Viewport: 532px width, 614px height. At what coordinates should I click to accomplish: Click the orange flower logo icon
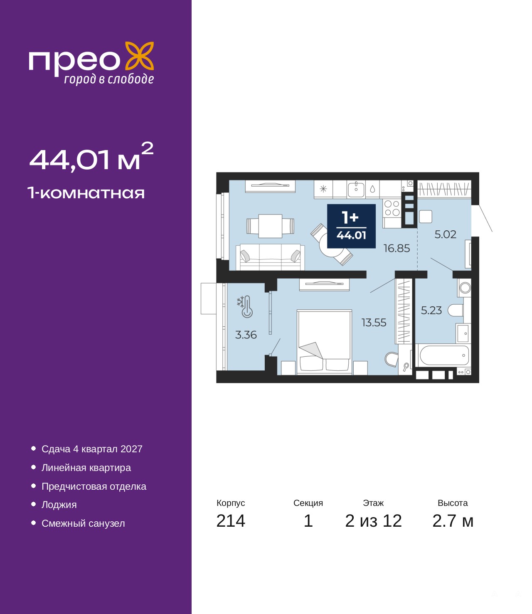pos(139,57)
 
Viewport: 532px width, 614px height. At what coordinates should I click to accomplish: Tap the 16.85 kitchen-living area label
pos(397,248)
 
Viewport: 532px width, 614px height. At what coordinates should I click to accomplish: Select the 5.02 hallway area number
pos(445,235)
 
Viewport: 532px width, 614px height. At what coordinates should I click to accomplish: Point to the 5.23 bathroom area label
pos(431,311)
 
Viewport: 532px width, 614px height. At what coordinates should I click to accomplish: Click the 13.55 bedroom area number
pos(374,323)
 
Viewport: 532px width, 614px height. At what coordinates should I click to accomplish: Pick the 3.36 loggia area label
pos(246,335)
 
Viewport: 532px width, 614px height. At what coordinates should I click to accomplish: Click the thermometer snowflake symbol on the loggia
pos(245,306)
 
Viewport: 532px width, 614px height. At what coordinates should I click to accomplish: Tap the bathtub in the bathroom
pos(443,355)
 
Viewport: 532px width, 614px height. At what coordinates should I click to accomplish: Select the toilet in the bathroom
pos(455,311)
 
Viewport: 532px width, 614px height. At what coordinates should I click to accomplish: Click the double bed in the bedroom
pos(324,342)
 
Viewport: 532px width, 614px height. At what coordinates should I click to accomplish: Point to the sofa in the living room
pos(270,257)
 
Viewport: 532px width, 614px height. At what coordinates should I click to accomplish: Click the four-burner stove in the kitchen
pos(392,208)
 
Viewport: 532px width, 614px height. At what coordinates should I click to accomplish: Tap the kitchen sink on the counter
pos(356,189)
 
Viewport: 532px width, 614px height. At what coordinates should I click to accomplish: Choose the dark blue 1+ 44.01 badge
pos(351,226)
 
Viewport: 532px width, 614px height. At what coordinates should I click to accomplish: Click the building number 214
pos(231,529)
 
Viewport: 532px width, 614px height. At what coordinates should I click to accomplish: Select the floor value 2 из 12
pos(373,529)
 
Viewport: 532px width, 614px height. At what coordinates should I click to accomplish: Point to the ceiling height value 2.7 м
pos(453,529)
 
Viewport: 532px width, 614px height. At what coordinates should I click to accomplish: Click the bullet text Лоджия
pos(59,505)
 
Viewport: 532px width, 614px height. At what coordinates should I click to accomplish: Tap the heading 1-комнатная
pos(86,193)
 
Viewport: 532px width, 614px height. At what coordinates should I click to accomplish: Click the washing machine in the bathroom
pos(464,288)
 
